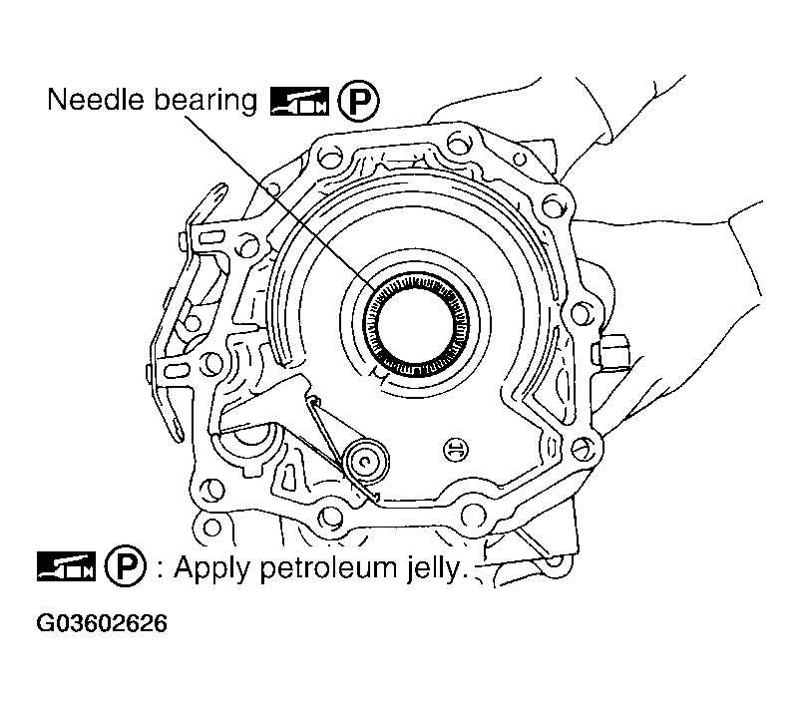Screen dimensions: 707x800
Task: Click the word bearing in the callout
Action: pyautogui.click(x=205, y=101)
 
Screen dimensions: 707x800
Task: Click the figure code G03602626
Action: pyautogui.click(x=103, y=625)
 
